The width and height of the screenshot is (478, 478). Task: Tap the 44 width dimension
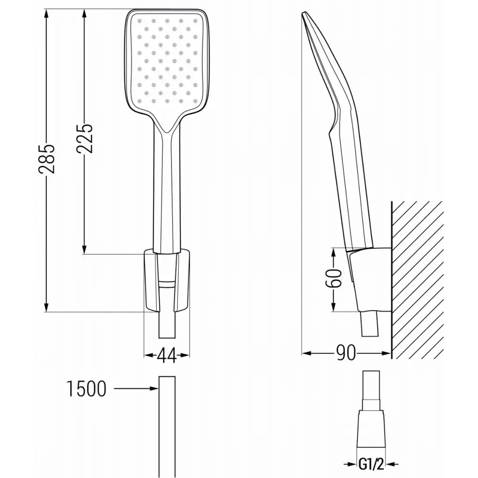(166, 355)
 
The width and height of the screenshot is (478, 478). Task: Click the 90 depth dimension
(347, 354)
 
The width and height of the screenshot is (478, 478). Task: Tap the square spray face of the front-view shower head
(167, 62)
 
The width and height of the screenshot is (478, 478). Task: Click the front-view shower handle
(166, 191)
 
